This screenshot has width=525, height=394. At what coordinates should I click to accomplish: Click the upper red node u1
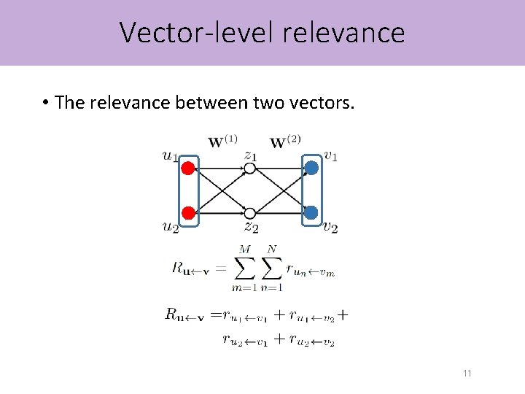click(188, 169)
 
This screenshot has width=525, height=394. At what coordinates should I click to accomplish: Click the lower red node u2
click(188, 212)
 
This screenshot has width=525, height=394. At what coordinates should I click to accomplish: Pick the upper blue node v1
click(311, 169)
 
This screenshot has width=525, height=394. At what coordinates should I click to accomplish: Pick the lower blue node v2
click(311, 212)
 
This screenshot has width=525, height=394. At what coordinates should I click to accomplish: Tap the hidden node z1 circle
click(249, 169)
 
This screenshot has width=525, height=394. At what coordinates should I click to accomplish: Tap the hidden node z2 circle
click(249, 213)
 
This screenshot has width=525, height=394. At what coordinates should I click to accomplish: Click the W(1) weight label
click(222, 141)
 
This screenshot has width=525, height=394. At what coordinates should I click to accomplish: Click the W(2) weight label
click(285, 141)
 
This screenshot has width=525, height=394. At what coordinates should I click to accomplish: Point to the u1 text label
click(170, 155)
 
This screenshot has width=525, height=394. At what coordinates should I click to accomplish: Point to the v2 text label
click(330, 227)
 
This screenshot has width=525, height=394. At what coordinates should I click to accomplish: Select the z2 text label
click(251, 227)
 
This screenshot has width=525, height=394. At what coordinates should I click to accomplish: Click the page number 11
click(467, 374)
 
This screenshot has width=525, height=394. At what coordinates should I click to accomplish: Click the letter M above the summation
click(244, 250)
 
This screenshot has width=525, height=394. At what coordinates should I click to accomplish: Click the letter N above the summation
click(272, 250)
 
